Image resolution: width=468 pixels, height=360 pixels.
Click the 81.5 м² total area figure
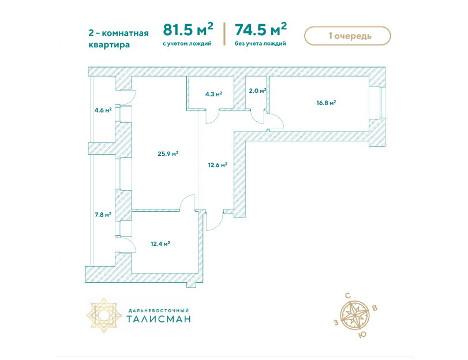[188, 29]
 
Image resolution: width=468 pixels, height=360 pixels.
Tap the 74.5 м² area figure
[261, 29]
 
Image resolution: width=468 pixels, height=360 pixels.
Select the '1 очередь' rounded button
[347, 36]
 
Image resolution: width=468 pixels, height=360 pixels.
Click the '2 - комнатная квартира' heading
[118, 39]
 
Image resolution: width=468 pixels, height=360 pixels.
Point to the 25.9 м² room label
[168, 153]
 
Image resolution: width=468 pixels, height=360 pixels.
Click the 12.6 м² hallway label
[218, 165]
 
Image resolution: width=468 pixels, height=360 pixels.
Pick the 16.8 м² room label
[326, 103]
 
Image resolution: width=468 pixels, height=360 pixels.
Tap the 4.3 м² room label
[214, 94]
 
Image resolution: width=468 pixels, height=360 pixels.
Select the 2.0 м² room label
[257, 91]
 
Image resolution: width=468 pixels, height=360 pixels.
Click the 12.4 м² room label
[160, 244]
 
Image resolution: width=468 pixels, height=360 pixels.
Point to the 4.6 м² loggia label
[103, 110]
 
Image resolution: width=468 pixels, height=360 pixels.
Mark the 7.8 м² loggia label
[103, 215]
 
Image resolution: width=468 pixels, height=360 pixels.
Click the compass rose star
[355, 316]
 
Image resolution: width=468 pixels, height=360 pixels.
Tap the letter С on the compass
[348, 296]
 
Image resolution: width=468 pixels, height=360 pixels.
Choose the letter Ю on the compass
[362, 335]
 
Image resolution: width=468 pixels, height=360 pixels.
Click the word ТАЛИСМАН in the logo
[159, 319]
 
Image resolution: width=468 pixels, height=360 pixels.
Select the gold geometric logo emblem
[104, 315]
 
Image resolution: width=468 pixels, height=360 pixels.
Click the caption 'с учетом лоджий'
[187, 44]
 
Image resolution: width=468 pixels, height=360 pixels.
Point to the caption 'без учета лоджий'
[260, 44]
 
